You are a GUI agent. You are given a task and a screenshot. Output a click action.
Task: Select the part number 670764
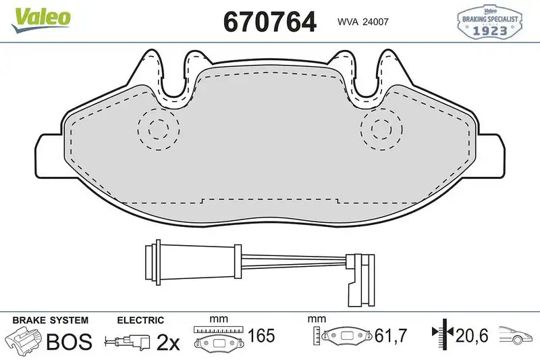[x=269, y=22]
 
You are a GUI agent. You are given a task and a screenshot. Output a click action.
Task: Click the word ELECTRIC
[x=140, y=320]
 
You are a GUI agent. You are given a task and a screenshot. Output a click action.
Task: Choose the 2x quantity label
[x=168, y=342]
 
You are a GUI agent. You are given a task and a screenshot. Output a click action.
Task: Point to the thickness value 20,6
[x=471, y=335]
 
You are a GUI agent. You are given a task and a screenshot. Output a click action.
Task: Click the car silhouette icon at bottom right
[x=516, y=334]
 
